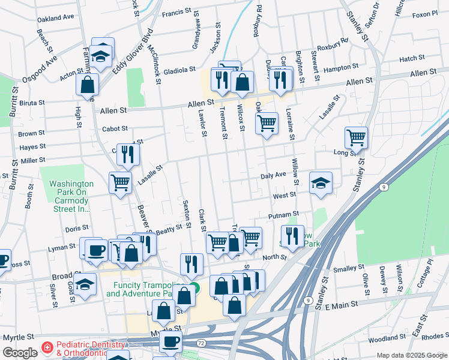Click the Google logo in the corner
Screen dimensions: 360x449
point(20,353)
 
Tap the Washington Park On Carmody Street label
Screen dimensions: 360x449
point(71,196)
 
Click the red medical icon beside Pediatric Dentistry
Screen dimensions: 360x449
point(47,349)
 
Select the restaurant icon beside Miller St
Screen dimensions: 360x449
point(128,154)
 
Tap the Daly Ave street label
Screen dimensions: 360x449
point(273,175)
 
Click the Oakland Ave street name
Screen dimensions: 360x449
point(55,19)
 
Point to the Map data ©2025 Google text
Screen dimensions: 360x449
point(411,355)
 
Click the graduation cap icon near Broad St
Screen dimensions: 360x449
point(85,286)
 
